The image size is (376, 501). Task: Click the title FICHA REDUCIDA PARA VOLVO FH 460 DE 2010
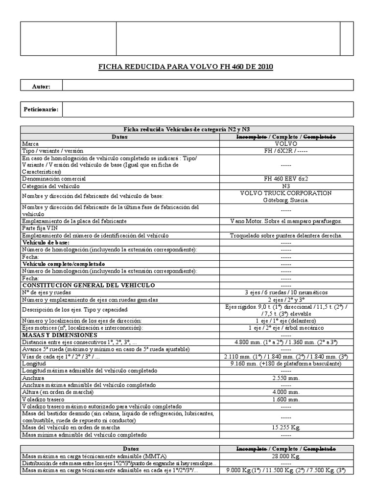coord(187,67)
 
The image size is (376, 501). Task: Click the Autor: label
coord(41,86)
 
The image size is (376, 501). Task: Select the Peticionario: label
coord(41,110)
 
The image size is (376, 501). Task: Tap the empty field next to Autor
coord(208,86)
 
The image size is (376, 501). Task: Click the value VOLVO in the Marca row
coord(286,144)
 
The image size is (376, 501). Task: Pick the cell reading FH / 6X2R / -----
coord(286,151)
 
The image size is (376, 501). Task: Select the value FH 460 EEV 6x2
coord(286,179)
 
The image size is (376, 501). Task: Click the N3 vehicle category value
coord(286,186)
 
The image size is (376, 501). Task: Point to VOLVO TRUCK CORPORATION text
coord(286,193)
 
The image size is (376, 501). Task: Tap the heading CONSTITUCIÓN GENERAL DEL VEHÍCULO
coord(89,285)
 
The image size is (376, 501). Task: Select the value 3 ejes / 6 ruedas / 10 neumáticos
coord(286,292)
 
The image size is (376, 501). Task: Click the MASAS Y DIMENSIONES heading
coord(59,335)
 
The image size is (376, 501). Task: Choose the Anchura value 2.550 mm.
coord(286,378)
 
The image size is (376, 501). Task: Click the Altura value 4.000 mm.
coord(286,392)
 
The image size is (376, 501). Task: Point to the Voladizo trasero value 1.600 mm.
coord(286,399)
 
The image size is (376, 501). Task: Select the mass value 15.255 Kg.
coord(286,427)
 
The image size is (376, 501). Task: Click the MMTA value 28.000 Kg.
coord(286,456)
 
